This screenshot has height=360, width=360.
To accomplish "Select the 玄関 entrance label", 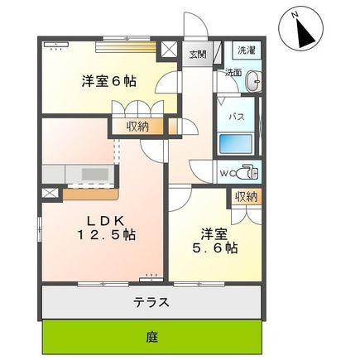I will click(x=197, y=55).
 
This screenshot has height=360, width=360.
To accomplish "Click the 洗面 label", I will click(x=233, y=73).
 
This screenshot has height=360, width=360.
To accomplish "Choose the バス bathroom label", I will click(x=235, y=118).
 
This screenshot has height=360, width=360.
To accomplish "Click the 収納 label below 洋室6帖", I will click(x=138, y=126).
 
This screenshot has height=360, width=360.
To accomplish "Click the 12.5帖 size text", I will click(x=107, y=237).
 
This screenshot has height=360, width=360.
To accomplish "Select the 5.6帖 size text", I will click(x=217, y=247).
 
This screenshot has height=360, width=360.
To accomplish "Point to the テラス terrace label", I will click(x=152, y=302).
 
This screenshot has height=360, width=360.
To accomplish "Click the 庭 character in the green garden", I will click(x=152, y=337).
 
